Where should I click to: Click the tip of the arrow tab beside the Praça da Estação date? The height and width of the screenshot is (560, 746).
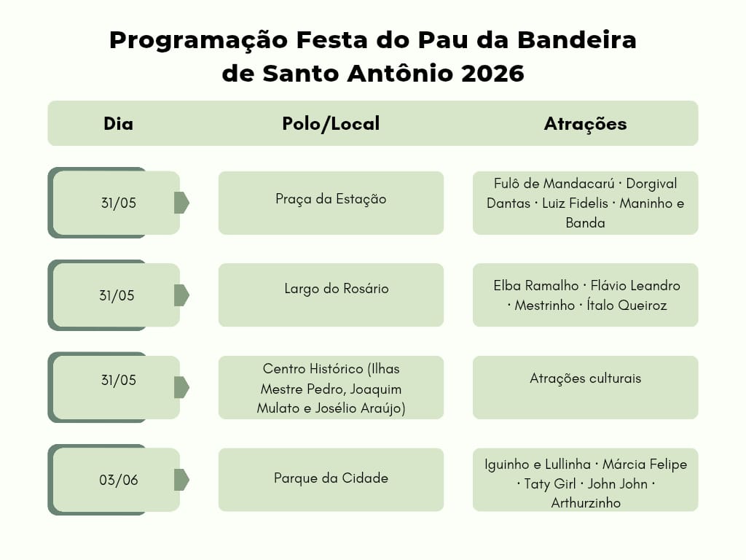pyautogui.click(x=189, y=203)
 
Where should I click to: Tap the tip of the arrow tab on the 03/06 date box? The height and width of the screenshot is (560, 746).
pyautogui.click(x=189, y=480)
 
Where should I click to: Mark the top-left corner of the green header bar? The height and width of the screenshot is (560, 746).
pyautogui.click(x=48, y=101)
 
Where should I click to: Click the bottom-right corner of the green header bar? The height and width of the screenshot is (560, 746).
pyautogui.click(x=698, y=146)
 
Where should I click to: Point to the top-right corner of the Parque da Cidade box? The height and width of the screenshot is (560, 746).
pyautogui.click(x=444, y=448)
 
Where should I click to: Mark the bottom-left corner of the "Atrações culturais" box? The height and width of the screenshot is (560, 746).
pyautogui.click(x=473, y=419)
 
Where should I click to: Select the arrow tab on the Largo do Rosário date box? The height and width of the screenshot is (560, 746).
pyautogui.click(x=181, y=295)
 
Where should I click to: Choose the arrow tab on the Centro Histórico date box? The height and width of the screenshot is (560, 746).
pyautogui.click(x=181, y=387)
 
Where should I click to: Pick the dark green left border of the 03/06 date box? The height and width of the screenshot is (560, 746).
pyautogui.click(x=51, y=480)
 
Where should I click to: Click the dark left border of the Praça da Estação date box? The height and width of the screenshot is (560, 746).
pyautogui.click(x=51, y=203)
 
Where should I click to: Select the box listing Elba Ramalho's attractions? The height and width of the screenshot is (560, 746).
pyautogui.click(x=585, y=295)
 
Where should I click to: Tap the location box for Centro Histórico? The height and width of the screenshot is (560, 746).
pyautogui.click(x=331, y=388)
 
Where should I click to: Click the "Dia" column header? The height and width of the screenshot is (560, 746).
pyautogui.click(x=119, y=124)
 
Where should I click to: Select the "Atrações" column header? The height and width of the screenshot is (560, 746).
pyautogui.click(x=585, y=124)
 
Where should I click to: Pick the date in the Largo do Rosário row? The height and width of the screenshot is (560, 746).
pyautogui.click(x=117, y=296)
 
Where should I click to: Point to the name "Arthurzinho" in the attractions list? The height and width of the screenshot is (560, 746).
pyautogui.click(x=586, y=503)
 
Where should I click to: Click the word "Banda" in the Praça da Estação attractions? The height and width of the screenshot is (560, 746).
pyautogui.click(x=585, y=223)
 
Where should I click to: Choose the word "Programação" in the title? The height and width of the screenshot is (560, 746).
pyautogui.click(x=198, y=42)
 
